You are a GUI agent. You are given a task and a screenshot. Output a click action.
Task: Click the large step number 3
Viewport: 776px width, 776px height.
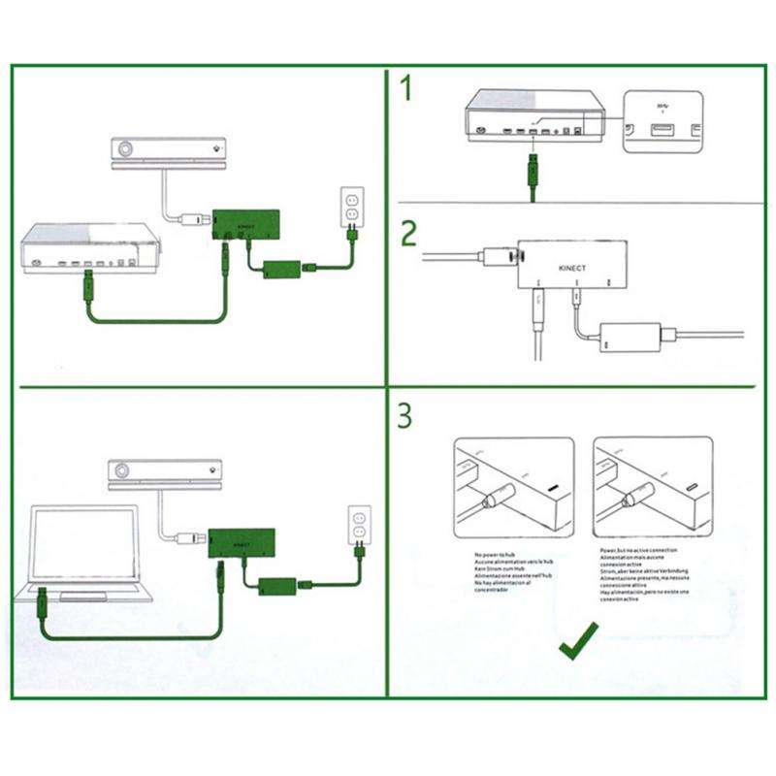[405, 415]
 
